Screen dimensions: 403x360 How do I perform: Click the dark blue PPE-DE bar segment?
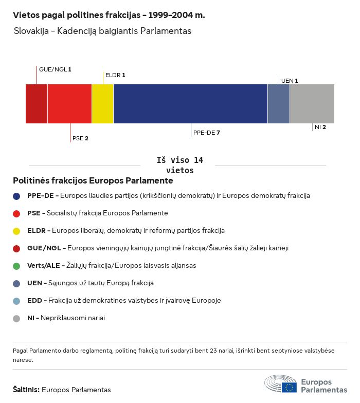coord(190,104)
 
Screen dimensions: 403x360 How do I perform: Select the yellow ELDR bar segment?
coord(102,104)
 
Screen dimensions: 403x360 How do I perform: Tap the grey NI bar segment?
coord(312,104)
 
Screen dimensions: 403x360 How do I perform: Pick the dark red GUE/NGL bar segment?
coord(37,104)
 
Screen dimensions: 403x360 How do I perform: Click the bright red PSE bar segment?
coord(69,104)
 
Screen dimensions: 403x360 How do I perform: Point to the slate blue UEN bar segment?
coord(279,104)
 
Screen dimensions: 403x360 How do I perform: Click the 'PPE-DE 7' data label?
coord(207,133)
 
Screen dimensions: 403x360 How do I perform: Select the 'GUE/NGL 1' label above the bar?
coord(55,69)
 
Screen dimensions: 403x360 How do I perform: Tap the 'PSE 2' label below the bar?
coord(80,138)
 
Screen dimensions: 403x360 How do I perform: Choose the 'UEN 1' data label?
coord(290,81)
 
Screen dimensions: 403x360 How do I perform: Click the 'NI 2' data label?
coord(320,126)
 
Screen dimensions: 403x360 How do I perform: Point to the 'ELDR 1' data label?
coord(115,75)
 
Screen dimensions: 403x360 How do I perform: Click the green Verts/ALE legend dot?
coord(16,266)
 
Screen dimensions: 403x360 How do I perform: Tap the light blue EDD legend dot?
coord(16,301)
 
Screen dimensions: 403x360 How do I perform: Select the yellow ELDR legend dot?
coord(16,231)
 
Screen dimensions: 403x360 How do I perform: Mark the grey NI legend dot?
coord(16,319)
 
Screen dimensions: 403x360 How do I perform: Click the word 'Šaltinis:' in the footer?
coord(26,390)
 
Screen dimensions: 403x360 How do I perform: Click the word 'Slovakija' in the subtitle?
coord(32,31)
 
